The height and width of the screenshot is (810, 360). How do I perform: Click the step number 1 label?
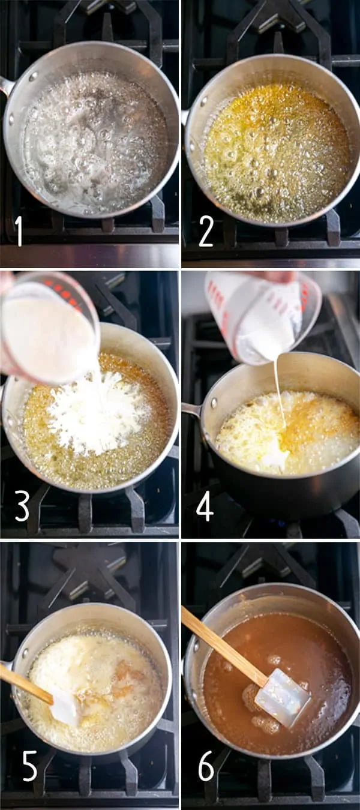pos(19,231)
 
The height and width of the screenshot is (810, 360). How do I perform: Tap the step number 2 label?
pos(206,231)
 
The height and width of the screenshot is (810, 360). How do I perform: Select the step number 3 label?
pos(22,507)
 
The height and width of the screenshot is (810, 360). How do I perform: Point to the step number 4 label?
pos(205,507)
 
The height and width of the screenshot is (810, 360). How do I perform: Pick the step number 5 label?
pos(29,766)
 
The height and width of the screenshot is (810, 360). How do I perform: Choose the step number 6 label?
pos(206,766)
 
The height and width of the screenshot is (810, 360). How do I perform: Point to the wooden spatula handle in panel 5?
pos(24,684)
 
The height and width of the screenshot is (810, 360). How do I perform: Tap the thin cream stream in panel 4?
pos(278,390)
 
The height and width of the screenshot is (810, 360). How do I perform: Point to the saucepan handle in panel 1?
pos(6,86)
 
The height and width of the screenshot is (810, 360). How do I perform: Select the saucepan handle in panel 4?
pos(192,410)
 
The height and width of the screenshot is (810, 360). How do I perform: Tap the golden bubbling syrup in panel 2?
pos(276,153)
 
